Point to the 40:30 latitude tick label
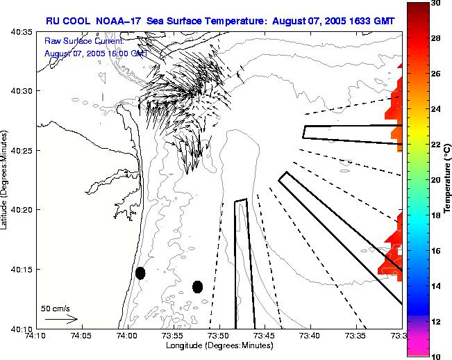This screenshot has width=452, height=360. (23, 91)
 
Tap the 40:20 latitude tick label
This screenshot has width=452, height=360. (23, 210)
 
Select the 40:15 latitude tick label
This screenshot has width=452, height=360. (23, 269)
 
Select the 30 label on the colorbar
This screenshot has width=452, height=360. (435, 3)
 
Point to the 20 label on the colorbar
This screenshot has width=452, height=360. (435, 179)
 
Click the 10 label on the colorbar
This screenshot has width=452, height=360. (435, 355)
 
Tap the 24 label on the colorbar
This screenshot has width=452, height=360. (435, 109)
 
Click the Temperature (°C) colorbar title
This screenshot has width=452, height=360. (446, 179)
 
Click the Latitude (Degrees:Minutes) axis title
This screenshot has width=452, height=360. (6, 179)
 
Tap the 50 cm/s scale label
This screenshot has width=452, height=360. (56, 308)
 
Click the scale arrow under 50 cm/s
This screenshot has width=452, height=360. (61, 319)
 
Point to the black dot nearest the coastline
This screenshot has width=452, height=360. (140, 273)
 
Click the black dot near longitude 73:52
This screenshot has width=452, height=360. (197, 286)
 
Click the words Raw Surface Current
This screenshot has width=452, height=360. (83, 41)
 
